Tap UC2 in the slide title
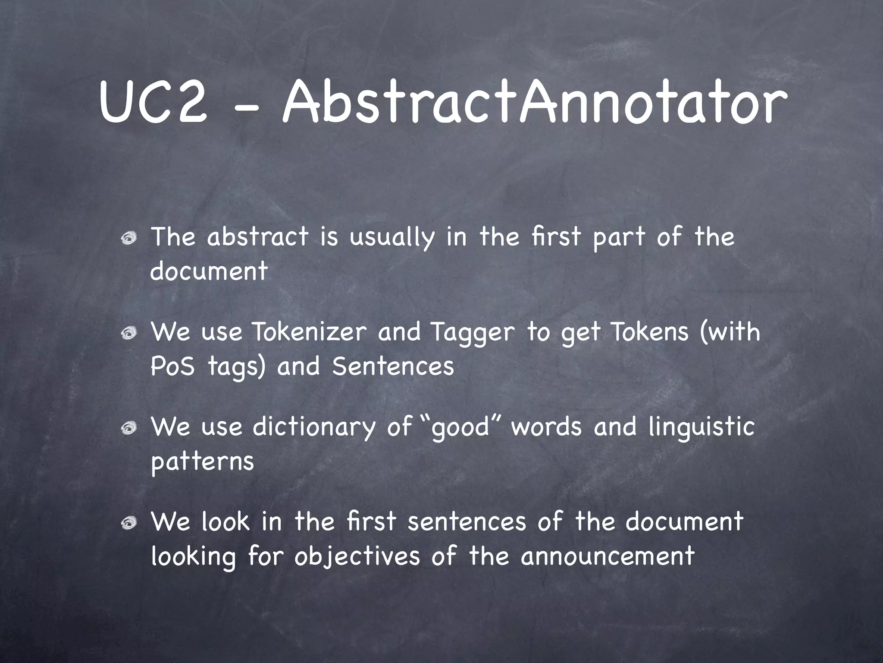tap(153, 104)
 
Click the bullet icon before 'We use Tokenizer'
tap(129, 333)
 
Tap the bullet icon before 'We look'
tap(129, 523)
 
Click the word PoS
tap(172, 366)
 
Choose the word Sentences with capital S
tap(393, 366)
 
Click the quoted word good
tap(461, 427)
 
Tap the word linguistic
tap(701, 427)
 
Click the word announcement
tap(607, 556)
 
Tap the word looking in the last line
tap(194, 557)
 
